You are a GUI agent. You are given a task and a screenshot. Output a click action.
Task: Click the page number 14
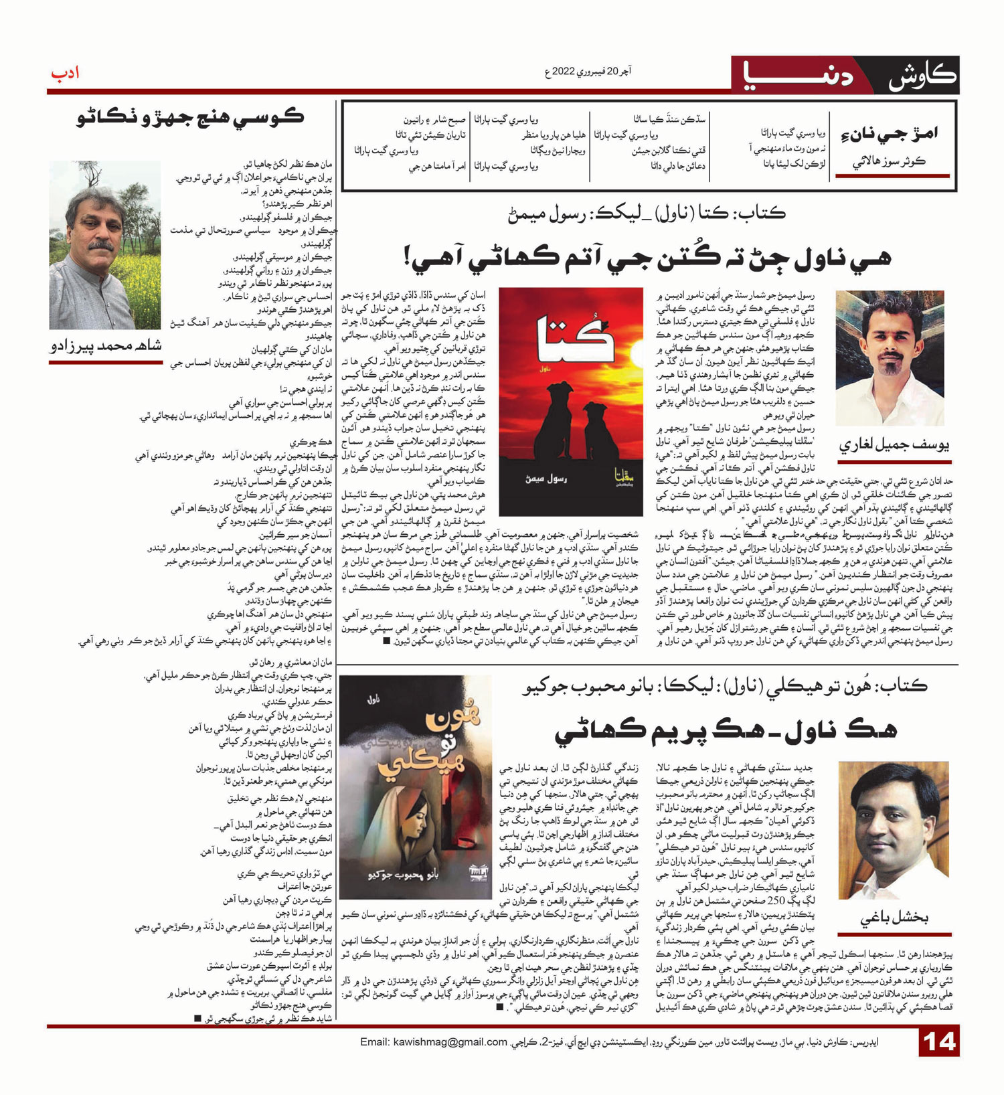point(938,1043)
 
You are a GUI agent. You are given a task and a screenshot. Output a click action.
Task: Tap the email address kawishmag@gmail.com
point(434,1042)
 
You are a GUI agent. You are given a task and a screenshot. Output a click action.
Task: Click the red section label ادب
point(65,72)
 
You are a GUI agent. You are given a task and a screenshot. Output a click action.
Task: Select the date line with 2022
point(588,71)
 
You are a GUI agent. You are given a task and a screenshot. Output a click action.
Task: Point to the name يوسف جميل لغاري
point(894,445)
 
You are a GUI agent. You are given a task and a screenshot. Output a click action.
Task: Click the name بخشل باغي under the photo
point(894,919)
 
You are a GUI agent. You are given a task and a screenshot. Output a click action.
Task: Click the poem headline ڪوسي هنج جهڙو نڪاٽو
point(190,117)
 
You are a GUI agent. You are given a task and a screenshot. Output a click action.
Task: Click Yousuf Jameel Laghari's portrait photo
point(890,357)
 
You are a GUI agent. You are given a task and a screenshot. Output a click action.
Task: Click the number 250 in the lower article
point(776,900)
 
